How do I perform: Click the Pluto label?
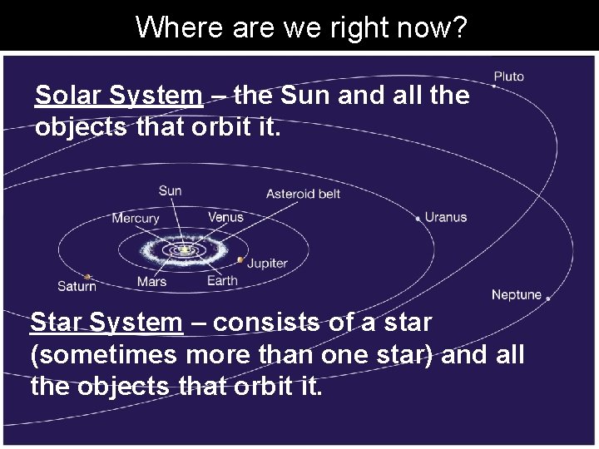[508, 76]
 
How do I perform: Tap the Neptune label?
[516, 294]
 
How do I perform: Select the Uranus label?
[446, 217]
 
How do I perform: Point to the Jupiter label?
[267, 263]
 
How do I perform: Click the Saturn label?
[77, 286]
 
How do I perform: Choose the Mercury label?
[136, 218]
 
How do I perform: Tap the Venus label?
[225, 217]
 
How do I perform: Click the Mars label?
[151, 281]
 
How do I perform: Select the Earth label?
[222, 280]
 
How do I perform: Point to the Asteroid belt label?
[303, 194]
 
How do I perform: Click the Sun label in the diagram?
[170, 190]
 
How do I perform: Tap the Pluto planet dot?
[494, 86]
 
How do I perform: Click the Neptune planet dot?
[547, 298]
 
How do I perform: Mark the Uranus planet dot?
[418, 219]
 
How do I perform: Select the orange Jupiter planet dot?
[240, 260]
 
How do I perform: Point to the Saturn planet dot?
[88, 277]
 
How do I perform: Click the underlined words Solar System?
[117, 96]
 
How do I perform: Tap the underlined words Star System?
[106, 321]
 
